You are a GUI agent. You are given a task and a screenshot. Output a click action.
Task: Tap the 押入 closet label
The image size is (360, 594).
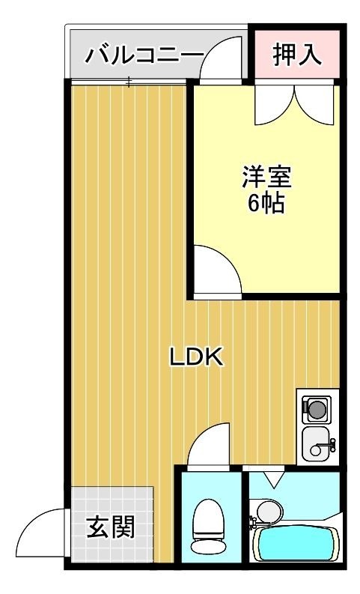click(x=296, y=55)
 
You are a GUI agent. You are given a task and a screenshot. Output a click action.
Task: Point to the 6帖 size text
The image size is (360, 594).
click(x=266, y=203)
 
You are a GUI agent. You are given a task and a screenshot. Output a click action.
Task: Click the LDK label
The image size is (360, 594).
click(x=196, y=357)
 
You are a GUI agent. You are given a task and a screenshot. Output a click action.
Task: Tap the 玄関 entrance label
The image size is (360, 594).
click(x=111, y=528)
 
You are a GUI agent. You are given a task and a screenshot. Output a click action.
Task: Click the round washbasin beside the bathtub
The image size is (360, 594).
click(x=266, y=512)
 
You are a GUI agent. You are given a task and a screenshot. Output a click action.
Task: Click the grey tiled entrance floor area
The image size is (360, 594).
click(x=112, y=502)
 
